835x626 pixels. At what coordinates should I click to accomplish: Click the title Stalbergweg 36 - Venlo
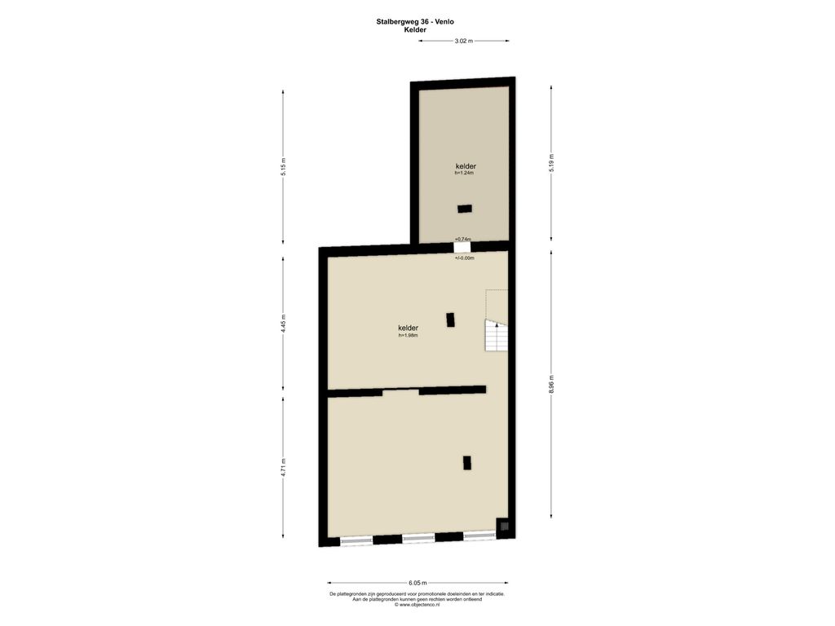pos(415,22)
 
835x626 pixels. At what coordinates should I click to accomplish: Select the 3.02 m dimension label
pos(463,41)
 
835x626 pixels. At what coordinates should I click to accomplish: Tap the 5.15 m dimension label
pos(284,166)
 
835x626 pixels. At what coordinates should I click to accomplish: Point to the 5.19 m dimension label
pos(552,163)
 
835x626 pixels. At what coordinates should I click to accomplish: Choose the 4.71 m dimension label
pos(284,467)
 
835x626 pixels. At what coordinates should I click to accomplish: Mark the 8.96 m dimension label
pos(552,385)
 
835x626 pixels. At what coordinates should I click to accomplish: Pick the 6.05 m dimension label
pos(417,583)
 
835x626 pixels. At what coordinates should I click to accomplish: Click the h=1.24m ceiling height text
pos(464,173)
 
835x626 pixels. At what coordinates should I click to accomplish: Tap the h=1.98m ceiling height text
pos(408,335)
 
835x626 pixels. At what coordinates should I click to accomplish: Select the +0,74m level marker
pos(463,239)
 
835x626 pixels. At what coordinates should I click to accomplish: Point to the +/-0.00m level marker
pos(464,258)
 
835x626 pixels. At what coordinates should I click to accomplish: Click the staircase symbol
pos(496,335)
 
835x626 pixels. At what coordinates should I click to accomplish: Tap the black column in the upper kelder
pos(464,209)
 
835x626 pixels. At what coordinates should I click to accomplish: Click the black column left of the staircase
pos(450,320)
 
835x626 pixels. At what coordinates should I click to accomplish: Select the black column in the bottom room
pos(467,463)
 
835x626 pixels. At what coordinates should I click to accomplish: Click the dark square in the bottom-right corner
pos(503,526)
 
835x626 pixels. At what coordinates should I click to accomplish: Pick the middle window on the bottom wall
pos(418,539)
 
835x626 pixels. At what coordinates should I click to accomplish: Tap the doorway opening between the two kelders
pos(462,248)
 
